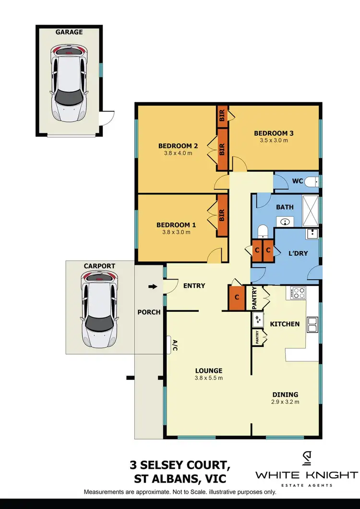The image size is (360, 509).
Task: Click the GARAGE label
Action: tap(69, 32)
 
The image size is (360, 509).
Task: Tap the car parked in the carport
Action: tap(100, 309)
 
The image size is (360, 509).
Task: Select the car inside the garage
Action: tap(70, 86)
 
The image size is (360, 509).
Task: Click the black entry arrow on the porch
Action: tap(152, 287)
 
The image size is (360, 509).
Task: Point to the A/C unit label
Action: tap(175, 344)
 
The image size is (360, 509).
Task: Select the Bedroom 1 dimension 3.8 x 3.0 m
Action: tap(173, 232)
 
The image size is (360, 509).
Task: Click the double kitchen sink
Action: tap(312, 324)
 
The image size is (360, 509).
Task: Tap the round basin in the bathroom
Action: tap(286, 222)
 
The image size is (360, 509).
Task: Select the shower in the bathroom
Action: tap(311, 211)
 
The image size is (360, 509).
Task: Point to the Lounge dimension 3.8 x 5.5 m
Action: tap(208, 378)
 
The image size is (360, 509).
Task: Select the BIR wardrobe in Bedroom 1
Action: tap(222, 215)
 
